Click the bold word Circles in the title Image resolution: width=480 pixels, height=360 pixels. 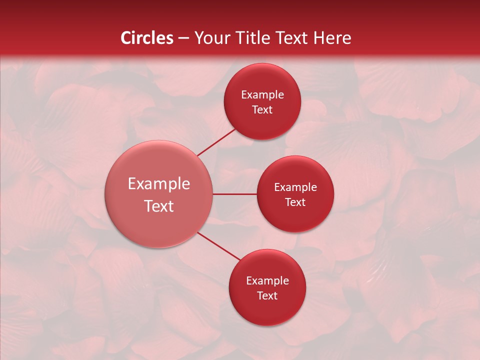[146, 38]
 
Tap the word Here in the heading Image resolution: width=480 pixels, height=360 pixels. [332, 38]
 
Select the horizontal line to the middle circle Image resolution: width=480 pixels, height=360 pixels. [235, 194]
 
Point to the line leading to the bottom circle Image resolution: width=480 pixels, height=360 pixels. [218, 245]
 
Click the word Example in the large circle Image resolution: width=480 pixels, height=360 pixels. [159, 184]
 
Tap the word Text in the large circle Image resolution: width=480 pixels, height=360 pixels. [159, 206]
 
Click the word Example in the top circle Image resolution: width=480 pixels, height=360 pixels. [262, 95]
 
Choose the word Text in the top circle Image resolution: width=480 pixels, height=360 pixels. [262, 110]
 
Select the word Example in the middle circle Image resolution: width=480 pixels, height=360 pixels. [295, 187]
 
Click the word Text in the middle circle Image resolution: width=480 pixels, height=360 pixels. [295, 202]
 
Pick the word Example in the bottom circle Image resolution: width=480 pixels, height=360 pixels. [267, 281]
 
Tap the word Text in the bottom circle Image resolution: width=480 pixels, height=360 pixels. [267, 296]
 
